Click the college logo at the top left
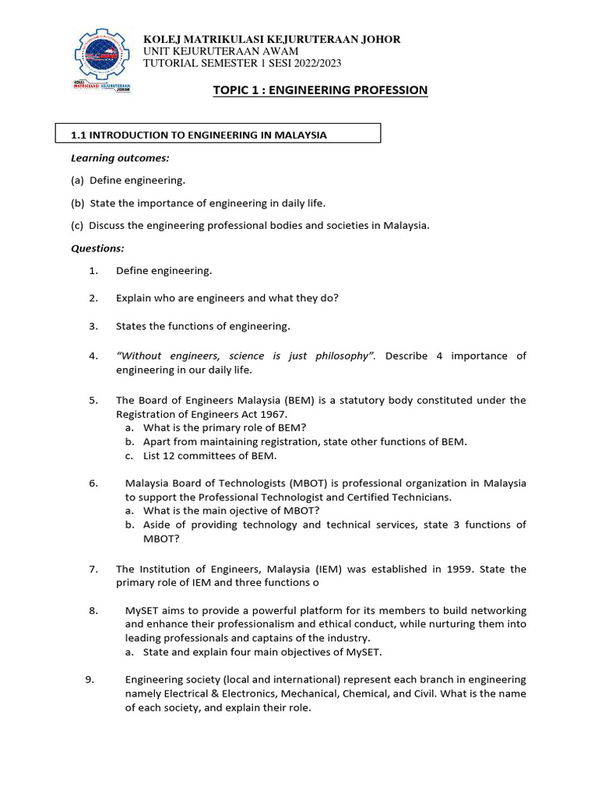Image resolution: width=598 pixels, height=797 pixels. click(103, 61)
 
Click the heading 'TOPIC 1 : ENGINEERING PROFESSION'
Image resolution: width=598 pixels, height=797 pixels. click(320, 90)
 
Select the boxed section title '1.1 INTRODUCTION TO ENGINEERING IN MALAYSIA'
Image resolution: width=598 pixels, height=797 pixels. click(199, 135)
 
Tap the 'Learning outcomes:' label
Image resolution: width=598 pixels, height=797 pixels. click(120, 158)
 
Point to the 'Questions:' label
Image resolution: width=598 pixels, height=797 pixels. click(97, 248)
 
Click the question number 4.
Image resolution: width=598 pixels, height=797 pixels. click(93, 356)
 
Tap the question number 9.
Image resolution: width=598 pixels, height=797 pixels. click(90, 679)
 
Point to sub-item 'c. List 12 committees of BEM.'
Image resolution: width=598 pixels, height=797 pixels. click(200, 455)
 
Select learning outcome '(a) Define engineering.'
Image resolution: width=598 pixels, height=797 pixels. click(128, 180)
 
